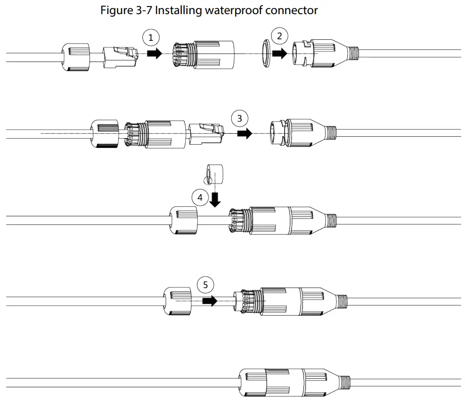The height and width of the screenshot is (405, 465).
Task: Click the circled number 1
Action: (x=149, y=36)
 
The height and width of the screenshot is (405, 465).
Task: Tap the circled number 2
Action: (x=279, y=36)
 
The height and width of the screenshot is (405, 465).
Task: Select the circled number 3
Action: (x=239, y=119)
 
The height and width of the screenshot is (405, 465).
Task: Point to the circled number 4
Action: (x=200, y=198)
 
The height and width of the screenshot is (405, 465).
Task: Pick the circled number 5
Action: (x=205, y=285)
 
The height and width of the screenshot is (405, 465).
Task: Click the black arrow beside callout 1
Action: (x=154, y=53)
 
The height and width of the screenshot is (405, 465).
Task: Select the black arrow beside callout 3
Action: (x=245, y=134)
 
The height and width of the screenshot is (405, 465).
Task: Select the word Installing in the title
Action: (x=178, y=10)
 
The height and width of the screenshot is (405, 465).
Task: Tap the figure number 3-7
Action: (x=143, y=10)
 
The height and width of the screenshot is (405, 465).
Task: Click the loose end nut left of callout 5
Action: (x=177, y=302)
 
